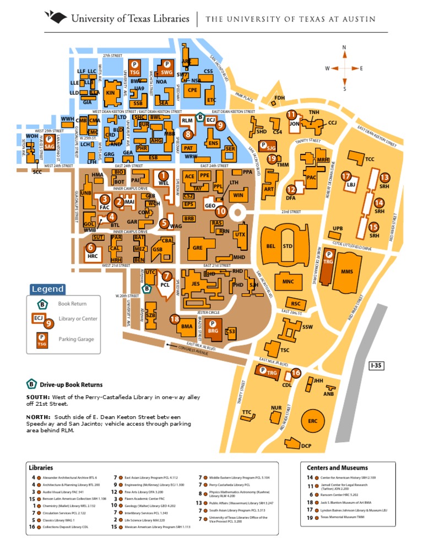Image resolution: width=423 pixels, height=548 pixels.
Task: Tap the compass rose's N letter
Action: (x=344, y=47)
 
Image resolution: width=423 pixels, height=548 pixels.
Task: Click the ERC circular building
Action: (x=313, y=421)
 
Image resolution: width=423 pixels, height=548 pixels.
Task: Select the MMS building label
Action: (x=347, y=271)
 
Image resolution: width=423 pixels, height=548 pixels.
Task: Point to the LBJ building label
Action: (x=351, y=186)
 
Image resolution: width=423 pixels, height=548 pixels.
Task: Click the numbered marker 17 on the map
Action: (x=346, y=176)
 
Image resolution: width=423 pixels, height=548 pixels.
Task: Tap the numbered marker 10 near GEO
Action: (x=221, y=211)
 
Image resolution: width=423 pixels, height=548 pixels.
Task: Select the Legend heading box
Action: (x=48, y=289)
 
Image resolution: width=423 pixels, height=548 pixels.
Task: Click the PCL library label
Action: (x=165, y=285)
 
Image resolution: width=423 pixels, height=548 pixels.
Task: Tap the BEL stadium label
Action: (x=270, y=246)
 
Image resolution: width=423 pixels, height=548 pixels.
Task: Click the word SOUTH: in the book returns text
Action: (x=38, y=397)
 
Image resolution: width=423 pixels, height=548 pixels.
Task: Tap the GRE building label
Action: (x=198, y=248)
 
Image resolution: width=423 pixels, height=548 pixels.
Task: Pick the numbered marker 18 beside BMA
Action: (x=175, y=319)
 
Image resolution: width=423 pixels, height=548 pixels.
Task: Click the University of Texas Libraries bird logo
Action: (x=57, y=18)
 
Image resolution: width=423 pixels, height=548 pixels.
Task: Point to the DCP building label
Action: (x=307, y=445)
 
